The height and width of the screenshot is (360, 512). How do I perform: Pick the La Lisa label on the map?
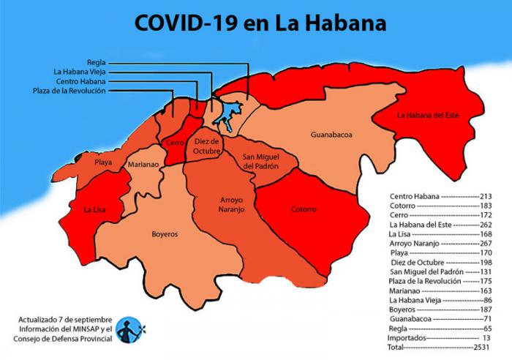pos(95,210)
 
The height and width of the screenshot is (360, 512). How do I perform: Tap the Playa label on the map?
pos(103,162)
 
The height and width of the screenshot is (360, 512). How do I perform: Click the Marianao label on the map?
pos(143,165)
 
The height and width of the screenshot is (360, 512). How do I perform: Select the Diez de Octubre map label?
pos(206,146)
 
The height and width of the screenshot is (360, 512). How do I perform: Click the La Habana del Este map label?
pos(428,115)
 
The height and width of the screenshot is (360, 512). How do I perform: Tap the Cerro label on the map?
pos(175,143)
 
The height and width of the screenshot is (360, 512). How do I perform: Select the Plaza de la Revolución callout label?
pos(70,91)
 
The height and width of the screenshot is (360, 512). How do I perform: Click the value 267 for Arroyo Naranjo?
pos(483,242)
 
